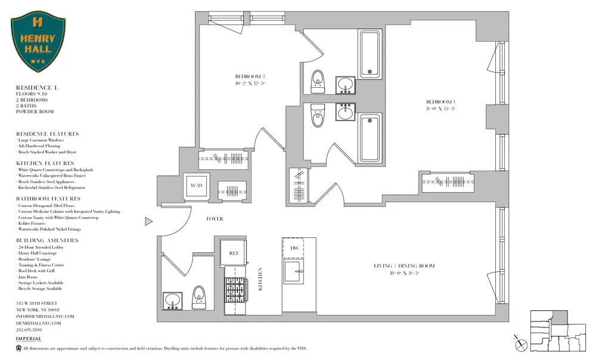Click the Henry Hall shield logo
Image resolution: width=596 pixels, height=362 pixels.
(38, 44)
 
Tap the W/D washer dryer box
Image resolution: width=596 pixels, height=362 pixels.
(196, 185)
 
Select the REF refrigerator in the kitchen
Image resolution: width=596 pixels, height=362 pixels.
(234, 253)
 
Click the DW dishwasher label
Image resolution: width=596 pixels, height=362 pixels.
(294, 247)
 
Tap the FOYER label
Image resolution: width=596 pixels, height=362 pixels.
(215, 219)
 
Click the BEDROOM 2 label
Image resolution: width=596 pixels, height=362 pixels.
(250, 76)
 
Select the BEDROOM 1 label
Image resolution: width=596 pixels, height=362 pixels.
(440, 101)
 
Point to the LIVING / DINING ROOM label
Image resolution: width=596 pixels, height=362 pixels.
(403, 266)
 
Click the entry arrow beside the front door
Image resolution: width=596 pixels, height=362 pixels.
(149, 222)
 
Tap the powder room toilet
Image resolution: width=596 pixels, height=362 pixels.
(198, 297)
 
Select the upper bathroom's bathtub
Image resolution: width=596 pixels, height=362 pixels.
(370, 54)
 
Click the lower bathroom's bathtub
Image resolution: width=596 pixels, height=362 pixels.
(370, 138)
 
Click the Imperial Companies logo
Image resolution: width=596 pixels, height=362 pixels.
(29, 340)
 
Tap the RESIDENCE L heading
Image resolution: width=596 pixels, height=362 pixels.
(37, 88)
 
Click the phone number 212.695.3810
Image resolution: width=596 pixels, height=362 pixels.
(29, 329)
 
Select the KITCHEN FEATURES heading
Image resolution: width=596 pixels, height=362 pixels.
(45, 163)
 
